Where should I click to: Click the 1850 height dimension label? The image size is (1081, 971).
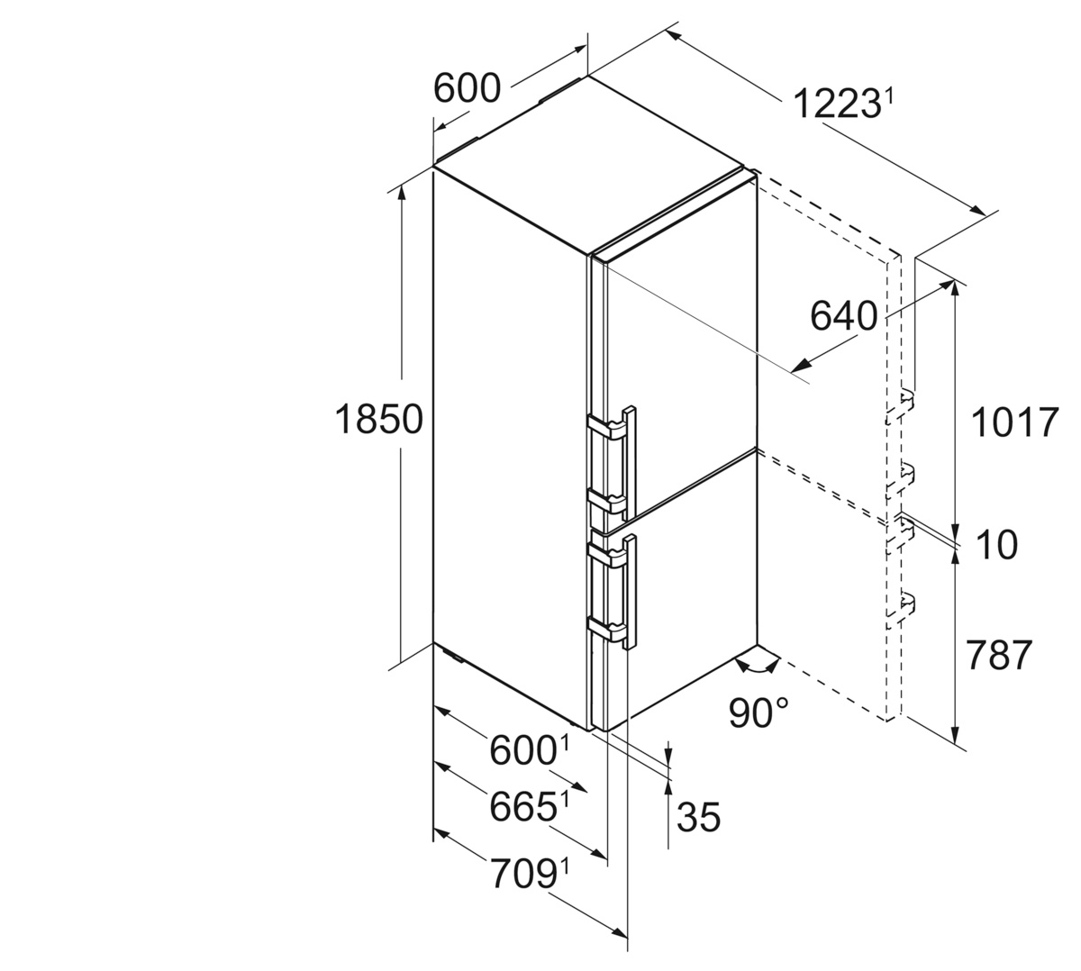(379, 420)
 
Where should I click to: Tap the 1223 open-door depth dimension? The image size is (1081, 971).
(836, 104)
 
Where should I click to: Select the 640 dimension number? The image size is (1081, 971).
(843, 316)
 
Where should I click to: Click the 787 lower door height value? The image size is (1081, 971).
(999, 655)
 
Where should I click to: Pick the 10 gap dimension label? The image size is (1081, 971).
(996, 545)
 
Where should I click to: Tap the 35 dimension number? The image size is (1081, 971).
(699, 817)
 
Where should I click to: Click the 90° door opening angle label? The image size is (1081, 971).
(758, 713)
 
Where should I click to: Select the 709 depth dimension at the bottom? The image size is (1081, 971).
(522, 874)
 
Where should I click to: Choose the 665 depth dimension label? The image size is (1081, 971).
(522, 807)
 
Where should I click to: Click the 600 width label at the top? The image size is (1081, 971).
(467, 88)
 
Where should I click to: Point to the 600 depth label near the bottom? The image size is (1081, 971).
(522, 750)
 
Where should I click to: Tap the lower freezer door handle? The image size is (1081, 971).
(613, 593)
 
